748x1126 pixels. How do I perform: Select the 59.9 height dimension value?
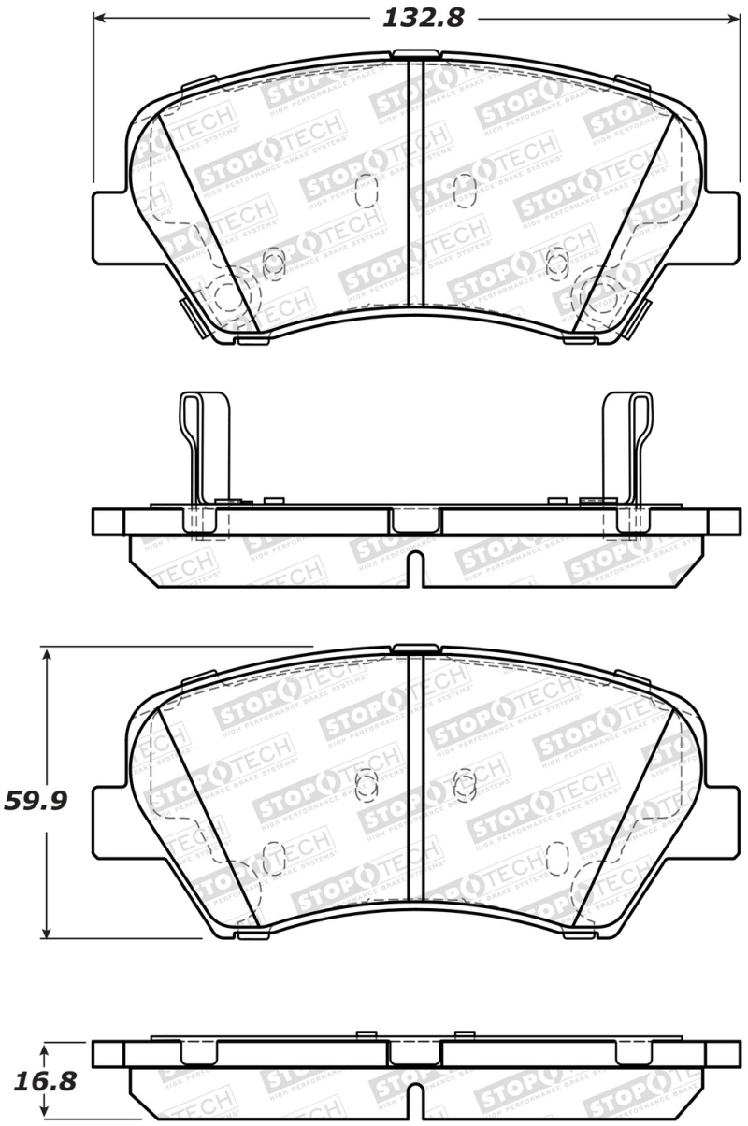38,800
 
